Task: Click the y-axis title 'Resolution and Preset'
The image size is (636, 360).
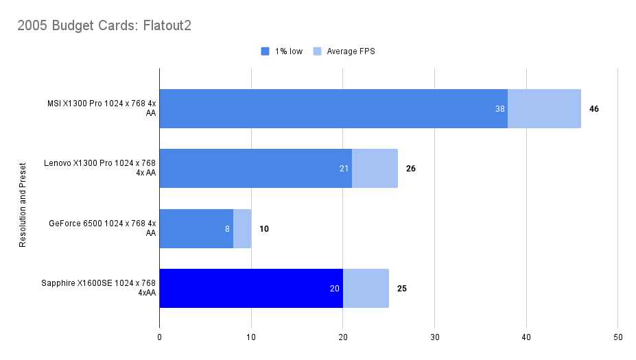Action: [x=23, y=205]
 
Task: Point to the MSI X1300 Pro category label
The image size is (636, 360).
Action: [x=102, y=108]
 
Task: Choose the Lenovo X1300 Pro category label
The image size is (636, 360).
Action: [x=100, y=168]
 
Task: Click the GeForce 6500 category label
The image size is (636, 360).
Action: [x=103, y=228]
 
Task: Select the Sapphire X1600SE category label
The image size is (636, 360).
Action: [x=100, y=288]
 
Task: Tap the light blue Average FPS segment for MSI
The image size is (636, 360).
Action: [x=544, y=108]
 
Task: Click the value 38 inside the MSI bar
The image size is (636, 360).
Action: [x=500, y=108]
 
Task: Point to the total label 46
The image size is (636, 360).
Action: [x=594, y=108]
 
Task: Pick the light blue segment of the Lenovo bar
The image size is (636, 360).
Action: [x=375, y=168]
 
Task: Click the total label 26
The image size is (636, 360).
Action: [x=411, y=168]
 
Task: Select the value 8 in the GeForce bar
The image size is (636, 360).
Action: [x=227, y=228]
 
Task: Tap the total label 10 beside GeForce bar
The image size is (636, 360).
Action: [x=264, y=228]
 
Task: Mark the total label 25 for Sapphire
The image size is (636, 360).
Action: [x=402, y=288]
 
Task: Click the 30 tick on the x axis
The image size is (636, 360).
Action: [x=434, y=337]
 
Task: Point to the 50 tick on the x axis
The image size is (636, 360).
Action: [x=617, y=337]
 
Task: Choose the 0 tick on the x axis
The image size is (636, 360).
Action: [x=160, y=337]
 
